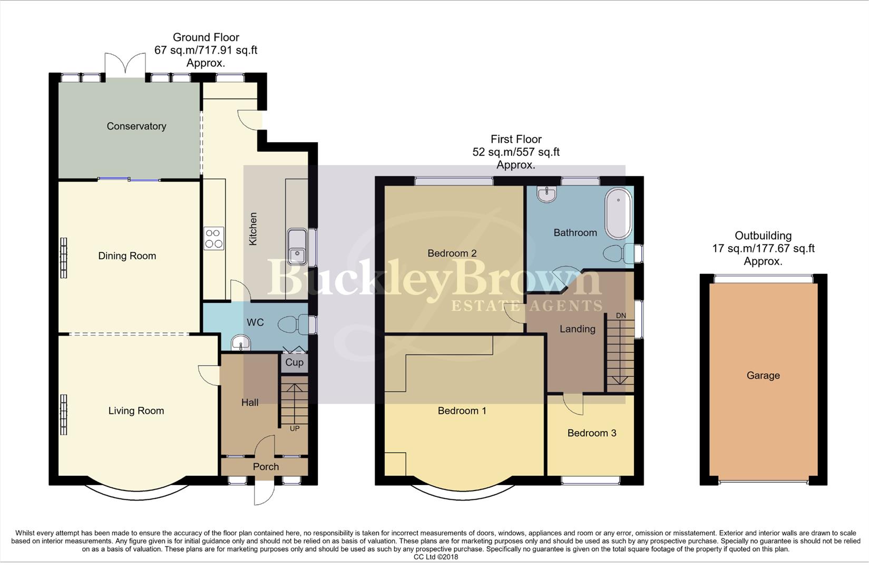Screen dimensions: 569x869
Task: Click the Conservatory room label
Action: (x=136, y=126)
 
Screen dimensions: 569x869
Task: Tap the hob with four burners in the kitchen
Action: (x=214, y=238)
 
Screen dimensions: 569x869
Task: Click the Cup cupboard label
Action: (x=294, y=362)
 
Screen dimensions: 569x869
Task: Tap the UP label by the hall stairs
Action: (x=295, y=428)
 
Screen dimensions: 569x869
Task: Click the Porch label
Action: (x=266, y=467)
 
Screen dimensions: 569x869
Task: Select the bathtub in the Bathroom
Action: (x=619, y=214)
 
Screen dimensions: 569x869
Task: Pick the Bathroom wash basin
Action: (x=546, y=194)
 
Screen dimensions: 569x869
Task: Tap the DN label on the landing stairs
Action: (x=621, y=316)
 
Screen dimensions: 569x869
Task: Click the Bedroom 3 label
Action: (x=592, y=433)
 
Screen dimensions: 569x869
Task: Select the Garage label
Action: (x=763, y=376)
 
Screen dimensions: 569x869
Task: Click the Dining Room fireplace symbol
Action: (x=64, y=258)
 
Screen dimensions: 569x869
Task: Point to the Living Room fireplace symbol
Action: (x=64, y=415)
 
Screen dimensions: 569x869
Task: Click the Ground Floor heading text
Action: (x=206, y=37)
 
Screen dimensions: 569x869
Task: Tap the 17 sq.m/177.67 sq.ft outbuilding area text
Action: (x=763, y=249)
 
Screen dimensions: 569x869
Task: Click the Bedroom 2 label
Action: (x=452, y=253)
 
